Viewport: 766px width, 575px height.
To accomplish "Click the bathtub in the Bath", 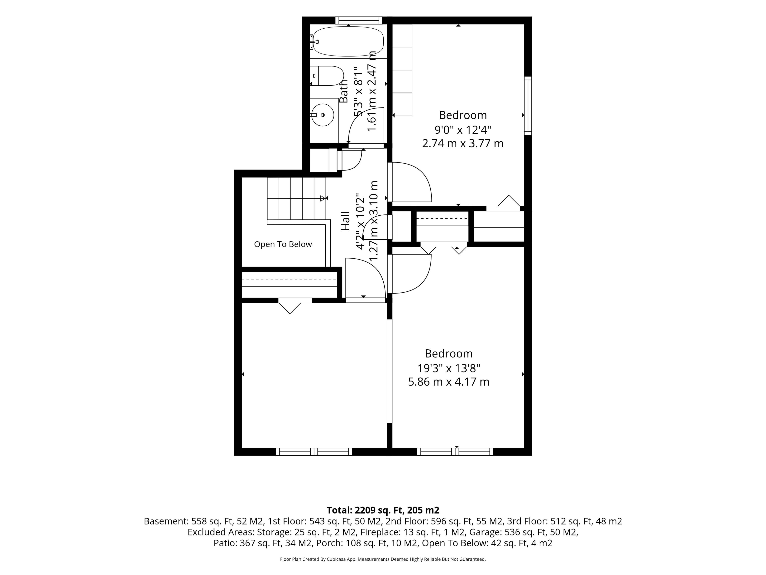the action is [348, 42].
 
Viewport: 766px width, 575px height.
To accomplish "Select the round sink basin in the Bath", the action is [323, 115].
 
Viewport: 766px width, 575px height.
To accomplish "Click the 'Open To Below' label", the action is [283, 244].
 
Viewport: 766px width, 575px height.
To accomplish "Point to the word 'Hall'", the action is [346, 221].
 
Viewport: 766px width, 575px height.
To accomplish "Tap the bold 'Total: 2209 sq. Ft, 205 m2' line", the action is [383, 510].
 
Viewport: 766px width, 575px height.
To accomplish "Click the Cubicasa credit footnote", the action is [383, 559].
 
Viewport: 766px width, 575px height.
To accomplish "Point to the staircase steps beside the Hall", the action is [296, 198].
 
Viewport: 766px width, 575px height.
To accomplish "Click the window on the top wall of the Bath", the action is [359, 20].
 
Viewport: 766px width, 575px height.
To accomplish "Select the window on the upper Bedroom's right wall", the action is [528, 106].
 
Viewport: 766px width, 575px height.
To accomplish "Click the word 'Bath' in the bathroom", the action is [344, 91].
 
